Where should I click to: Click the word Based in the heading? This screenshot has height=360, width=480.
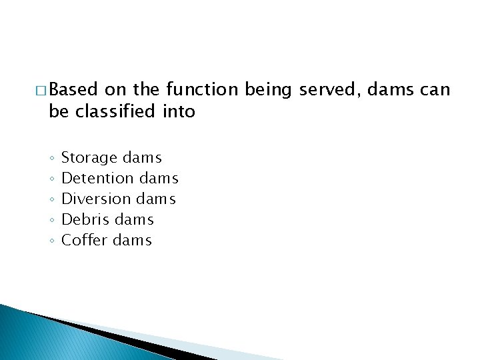[73, 89]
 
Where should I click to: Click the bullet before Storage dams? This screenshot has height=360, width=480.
[51, 159]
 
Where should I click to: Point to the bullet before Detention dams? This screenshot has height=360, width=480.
[51, 179]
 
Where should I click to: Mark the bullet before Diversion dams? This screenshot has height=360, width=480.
[51, 199]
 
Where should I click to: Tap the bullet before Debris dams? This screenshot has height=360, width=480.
[51, 220]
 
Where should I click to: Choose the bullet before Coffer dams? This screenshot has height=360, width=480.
[51, 241]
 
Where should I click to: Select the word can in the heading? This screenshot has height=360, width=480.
[436, 89]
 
